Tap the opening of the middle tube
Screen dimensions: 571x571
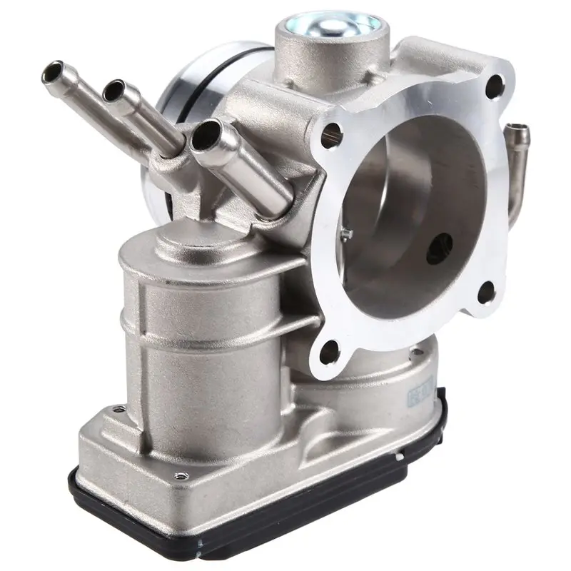coord(113,89)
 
